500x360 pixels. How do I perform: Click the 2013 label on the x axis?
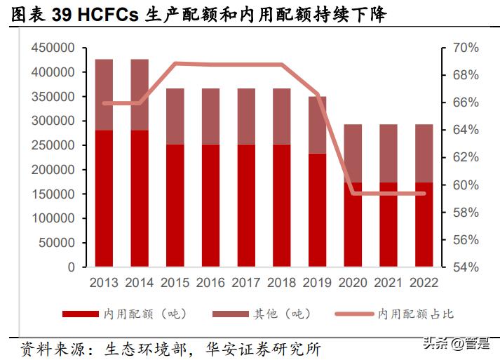coord(104,283)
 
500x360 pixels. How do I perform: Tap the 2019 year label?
coord(317,283)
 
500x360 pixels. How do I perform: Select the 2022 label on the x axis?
coord(424,283)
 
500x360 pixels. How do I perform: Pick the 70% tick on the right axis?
coord(464,48)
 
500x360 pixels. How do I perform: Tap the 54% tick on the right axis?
coord(464,267)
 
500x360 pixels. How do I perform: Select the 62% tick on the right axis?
coord(464,158)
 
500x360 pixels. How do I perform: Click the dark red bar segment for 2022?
coord(424,225)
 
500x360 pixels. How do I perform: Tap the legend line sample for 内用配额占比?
coord(356,314)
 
